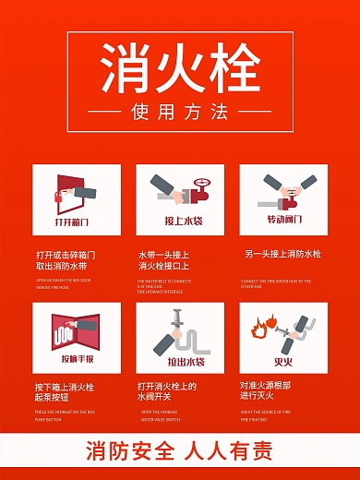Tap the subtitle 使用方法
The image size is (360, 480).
(180, 114)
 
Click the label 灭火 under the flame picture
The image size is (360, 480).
(283, 359)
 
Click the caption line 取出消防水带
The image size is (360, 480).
(65, 266)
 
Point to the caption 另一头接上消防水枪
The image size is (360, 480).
(281, 254)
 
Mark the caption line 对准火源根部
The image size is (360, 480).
(265, 385)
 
